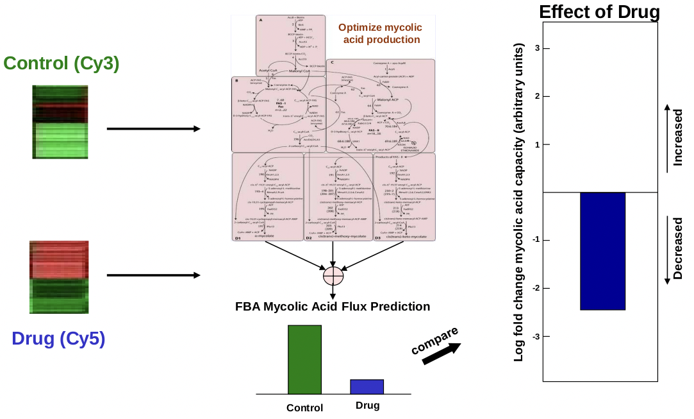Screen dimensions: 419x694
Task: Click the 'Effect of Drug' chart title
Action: tap(599, 12)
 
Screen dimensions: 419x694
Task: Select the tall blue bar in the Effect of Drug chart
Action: tap(602, 251)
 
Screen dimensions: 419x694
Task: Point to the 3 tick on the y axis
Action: tap(536, 48)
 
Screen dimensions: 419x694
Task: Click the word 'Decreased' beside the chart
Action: tap(678, 248)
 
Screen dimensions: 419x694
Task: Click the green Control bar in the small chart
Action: tap(304, 359)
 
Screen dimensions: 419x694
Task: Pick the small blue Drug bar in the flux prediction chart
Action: tap(367, 386)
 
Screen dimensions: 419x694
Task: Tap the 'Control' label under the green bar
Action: tap(304, 407)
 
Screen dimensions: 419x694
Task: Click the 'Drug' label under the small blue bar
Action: tap(367, 405)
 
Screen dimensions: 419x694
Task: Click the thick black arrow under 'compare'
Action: tap(442, 354)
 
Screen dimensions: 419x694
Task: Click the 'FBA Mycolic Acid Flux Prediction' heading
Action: tap(333, 307)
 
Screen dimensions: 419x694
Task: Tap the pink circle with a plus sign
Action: tap(333, 276)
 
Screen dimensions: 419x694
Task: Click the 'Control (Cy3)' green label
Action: tap(62, 64)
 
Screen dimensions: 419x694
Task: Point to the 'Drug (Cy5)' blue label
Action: tap(58, 339)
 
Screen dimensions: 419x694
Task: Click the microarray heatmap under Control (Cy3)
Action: tap(59, 121)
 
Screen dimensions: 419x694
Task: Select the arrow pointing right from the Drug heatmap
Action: tap(154, 276)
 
